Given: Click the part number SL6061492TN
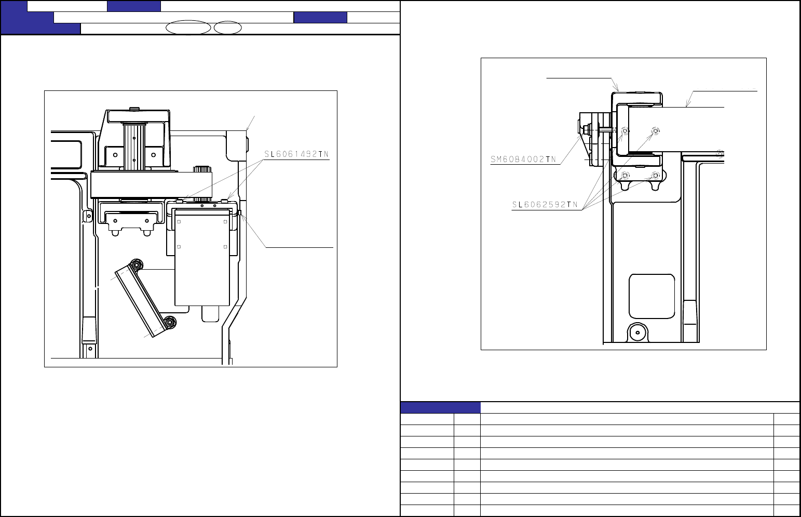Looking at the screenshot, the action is click(296, 154).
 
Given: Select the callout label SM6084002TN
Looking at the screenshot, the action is click(523, 160).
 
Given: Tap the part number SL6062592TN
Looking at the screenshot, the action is click(545, 204).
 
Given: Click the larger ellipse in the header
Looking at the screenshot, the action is click(188, 28).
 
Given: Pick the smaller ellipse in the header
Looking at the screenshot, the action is click(228, 28).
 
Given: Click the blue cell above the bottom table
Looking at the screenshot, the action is click(440, 407).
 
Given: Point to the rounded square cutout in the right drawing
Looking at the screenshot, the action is click(652, 297).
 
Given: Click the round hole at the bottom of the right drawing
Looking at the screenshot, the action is click(637, 333).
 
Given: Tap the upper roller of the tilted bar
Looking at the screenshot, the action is click(137, 265).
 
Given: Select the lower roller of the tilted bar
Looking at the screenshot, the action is click(170, 322).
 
